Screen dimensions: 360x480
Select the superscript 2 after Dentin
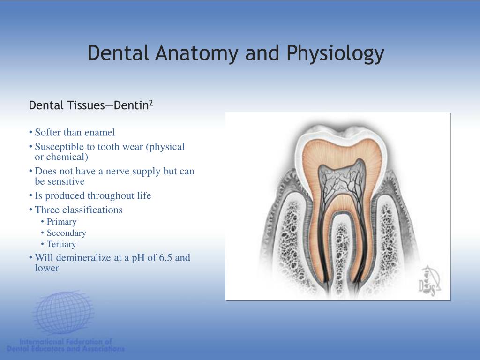[x=151, y=102]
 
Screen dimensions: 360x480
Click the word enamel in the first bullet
[x=99, y=133]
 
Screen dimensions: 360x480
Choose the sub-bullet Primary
[x=61, y=222]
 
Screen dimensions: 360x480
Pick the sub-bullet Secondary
[x=66, y=233]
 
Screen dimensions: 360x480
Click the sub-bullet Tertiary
[x=61, y=244]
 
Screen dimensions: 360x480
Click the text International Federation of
[x=66, y=342]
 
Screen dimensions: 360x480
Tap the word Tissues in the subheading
[x=86, y=105]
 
